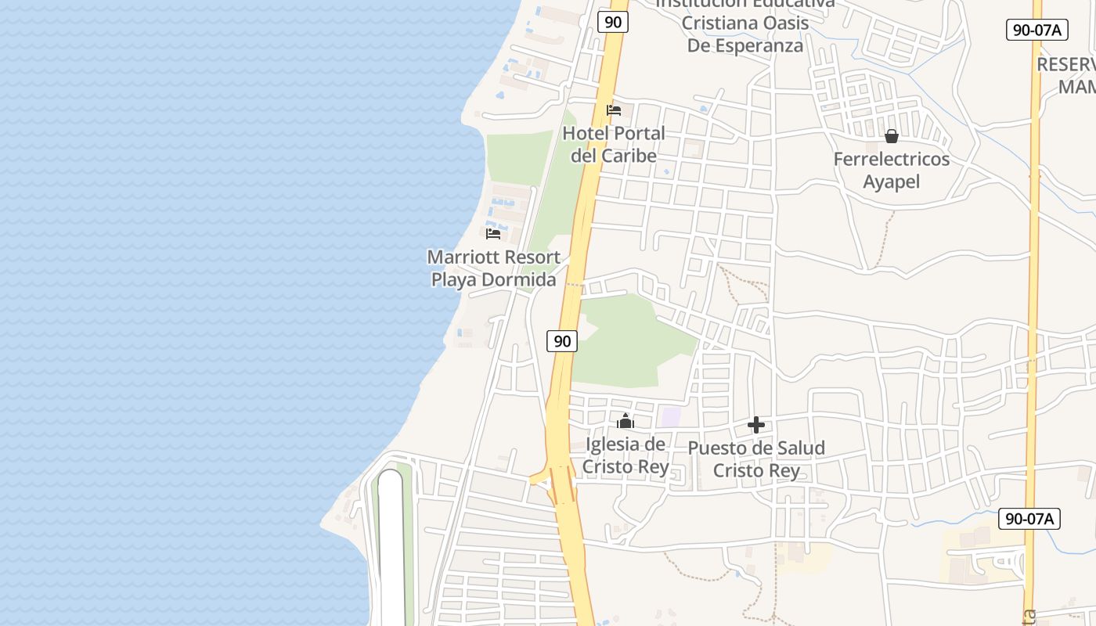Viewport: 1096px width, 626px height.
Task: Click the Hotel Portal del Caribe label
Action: pos(613,145)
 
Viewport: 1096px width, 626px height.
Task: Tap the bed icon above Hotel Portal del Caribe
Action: pos(614,110)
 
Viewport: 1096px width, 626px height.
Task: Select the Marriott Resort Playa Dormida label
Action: pos(493,268)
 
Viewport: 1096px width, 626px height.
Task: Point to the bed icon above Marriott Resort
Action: pos(493,233)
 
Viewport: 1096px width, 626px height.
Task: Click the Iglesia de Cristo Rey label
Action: pos(626,456)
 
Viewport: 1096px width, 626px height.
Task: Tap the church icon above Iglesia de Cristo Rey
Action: pos(625,422)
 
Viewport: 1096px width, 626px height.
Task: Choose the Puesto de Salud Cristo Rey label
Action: pos(756,459)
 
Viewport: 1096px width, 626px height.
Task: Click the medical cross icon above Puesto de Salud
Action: pos(756,425)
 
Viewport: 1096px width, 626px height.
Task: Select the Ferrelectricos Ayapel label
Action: pos(891,171)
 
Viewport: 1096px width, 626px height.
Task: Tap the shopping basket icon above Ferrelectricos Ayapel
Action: pos(891,137)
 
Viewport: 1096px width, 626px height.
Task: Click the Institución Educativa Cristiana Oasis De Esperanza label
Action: pos(744,23)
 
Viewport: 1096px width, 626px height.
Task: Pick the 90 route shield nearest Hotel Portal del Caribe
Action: pos(613,22)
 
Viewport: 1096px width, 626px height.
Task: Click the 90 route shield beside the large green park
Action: pos(562,340)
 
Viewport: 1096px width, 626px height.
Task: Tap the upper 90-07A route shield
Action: pos(1037,30)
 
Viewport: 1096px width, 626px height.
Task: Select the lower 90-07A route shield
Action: pos(1029,518)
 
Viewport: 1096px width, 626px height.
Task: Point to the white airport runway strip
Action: pos(391,548)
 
